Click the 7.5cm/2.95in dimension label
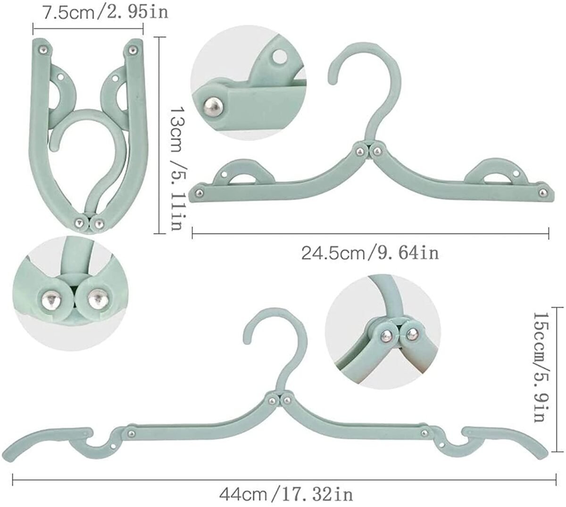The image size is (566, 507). coord(105,13)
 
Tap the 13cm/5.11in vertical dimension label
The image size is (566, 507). coord(177,169)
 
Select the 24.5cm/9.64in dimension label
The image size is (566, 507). coord(370,253)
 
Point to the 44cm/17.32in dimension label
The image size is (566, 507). coord(286,494)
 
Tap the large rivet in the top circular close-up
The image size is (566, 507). coord(214,109)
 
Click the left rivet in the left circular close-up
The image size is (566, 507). coord(50,299)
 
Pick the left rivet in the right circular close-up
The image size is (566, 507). coord(386,334)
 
